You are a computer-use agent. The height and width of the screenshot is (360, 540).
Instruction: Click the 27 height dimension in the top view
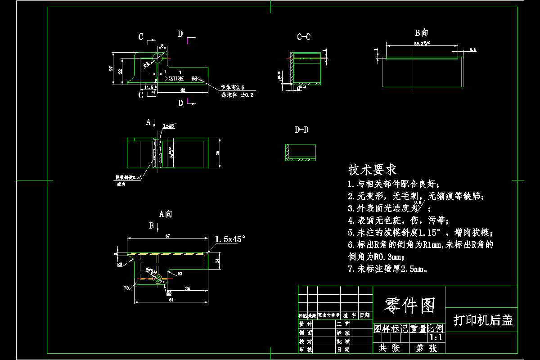111,68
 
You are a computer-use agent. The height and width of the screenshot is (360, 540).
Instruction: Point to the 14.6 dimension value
148,87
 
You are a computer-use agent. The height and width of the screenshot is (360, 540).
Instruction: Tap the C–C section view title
303,37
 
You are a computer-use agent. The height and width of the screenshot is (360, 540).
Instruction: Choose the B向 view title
421,32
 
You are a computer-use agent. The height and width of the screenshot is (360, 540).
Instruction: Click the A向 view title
166,214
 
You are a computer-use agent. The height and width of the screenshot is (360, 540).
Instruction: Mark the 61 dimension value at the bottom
171,299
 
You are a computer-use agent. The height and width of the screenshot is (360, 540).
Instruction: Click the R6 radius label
120,265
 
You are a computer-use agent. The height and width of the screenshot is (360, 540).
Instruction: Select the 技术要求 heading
372,170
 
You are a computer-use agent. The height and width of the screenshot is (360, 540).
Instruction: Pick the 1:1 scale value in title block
436,337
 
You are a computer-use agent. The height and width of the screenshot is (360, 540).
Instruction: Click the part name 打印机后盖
483,320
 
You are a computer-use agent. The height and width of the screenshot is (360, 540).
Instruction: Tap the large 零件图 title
409,306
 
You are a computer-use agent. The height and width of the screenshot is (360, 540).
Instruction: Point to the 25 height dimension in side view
218,153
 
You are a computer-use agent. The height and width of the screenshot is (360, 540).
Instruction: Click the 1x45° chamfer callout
170,126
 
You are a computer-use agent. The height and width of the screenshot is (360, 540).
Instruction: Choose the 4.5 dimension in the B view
472,49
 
